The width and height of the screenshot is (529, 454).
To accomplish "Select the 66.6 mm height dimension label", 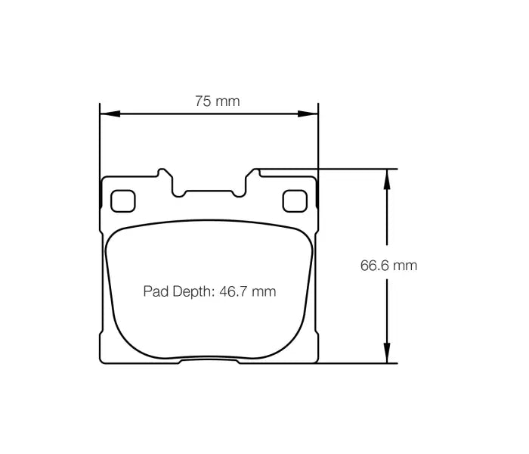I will coord(388,266).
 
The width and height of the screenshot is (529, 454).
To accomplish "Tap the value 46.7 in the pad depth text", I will coord(236,291).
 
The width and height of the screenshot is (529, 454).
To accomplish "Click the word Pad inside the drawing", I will coord(156,291).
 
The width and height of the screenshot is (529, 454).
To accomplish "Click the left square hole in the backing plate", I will coord(121,201).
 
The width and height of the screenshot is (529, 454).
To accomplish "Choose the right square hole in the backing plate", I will coord(292,201).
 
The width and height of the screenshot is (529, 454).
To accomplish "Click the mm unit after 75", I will coord(227,101).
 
